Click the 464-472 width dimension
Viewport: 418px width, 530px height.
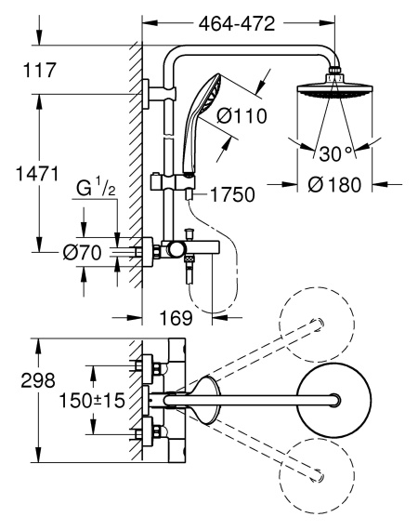tap(237, 24)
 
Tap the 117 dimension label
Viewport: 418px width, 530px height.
tap(39, 71)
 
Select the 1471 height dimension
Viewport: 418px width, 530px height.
tap(37, 174)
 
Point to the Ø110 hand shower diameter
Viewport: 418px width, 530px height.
tap(242, 116)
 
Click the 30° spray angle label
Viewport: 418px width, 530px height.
tap(336, 153)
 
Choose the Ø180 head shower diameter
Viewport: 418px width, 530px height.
tap(334, 185)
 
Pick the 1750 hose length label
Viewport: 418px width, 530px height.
tap(232, 194)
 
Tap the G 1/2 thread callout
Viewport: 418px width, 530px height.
tap(96, 189)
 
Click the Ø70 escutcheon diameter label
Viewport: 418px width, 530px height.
tap(82, 253)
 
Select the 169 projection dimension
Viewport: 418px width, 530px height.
tap(176, 318)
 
